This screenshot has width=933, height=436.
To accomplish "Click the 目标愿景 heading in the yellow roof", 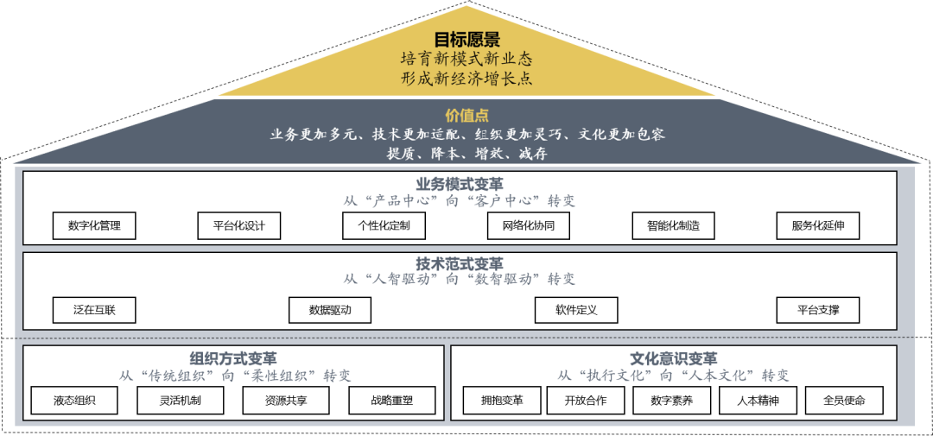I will click(x=466, y=40).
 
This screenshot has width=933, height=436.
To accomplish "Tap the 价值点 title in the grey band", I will click(x=466, y=116).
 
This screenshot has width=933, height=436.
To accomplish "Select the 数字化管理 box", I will click(x=94, y=226).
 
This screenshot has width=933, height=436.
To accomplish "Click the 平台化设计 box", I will click(x=239, y=226).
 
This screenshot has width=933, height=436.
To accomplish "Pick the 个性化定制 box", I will click(x=384, y=226).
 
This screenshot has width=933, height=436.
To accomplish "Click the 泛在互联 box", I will click(x=94, y=310).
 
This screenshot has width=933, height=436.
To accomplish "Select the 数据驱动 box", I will click(x=330, y=310).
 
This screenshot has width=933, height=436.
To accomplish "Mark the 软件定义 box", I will click(x=576, y=310).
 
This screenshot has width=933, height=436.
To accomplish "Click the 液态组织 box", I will click(x=74, y=401).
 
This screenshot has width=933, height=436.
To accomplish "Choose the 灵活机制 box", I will click(x=180, y=401).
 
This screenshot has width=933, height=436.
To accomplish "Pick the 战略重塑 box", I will click(x=392, y=401).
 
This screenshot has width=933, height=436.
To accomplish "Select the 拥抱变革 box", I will click(x=500, y=401).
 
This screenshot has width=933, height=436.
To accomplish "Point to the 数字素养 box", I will click(x=671, y=401).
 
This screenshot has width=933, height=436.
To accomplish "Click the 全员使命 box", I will click(x=845, y=401).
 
